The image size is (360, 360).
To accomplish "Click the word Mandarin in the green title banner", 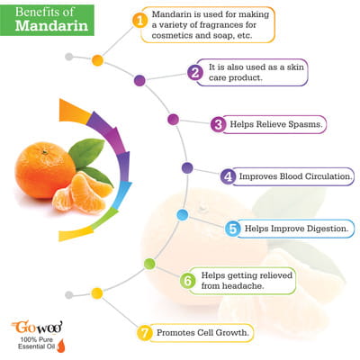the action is click(51, 25).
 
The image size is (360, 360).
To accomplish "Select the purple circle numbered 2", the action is click(195, 73).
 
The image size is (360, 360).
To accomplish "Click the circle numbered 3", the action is click(219, 124).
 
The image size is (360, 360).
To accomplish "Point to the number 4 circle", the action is click(228, 176).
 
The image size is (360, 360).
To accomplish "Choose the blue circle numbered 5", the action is click(233, 229).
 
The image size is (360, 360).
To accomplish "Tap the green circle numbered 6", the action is click(188, 281).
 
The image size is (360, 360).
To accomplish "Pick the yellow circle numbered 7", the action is click(145, 333).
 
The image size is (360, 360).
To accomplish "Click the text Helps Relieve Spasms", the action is click(276, 124).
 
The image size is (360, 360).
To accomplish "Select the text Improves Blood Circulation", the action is click(295, 176).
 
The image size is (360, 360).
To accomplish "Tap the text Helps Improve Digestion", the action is click(297, 229).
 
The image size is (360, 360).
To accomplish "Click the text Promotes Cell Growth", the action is click(202, 333).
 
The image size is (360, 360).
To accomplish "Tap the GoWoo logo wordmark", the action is click(38, 327).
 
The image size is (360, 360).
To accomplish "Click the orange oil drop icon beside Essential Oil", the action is click(61, 346).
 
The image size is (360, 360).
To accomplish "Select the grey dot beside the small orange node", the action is click(69, 57).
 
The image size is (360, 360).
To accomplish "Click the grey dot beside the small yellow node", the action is click(69, 295).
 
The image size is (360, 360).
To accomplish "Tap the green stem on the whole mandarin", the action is click(45, 152).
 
